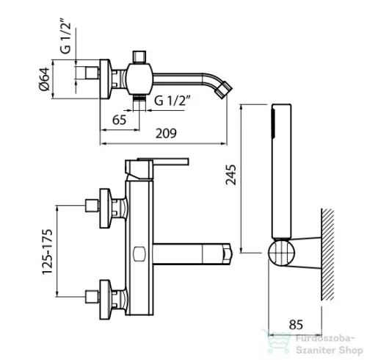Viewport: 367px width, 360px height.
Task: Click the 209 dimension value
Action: point(166,134)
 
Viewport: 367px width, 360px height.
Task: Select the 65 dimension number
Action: point(119,120)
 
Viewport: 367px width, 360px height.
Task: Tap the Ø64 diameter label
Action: point(45,79)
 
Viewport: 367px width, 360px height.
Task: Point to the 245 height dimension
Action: point(231,175)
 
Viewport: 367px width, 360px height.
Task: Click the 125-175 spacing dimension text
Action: point(47,251)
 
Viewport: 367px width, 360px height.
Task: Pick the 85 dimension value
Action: point(296,325)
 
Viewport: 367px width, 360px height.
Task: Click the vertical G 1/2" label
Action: point(65,35)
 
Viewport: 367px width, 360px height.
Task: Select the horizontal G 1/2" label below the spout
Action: point(172,101)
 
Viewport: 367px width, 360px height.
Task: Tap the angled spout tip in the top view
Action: point(223,90)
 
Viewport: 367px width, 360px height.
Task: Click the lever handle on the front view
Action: point(156,168)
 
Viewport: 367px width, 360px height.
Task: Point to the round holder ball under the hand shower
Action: point(281,253)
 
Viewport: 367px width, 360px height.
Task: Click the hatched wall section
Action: point(327,254)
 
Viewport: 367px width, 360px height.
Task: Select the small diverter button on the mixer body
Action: point(139,254)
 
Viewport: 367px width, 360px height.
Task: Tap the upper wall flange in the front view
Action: point(106,209)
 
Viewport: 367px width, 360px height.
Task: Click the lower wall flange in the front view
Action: point(106,300)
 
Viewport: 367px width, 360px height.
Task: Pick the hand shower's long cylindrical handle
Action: point(282,171)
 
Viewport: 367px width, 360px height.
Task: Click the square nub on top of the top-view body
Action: point(139,57)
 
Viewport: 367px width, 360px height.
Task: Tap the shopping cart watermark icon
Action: point(277,341)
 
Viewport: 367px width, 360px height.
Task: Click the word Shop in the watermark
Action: point(351,350)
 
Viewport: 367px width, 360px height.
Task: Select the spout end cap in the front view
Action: point(228,253)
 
